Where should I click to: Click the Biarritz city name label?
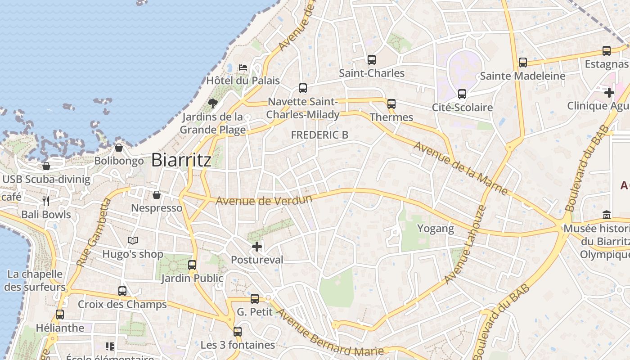[181, 160]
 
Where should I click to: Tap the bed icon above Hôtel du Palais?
[243, 67]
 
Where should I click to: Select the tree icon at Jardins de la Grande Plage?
[212, 104]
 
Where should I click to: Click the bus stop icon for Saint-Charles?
[371, 59]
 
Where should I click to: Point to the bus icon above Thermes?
[391, 104]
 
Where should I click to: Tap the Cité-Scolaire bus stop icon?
[462, 94]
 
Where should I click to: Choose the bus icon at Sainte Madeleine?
[522, 63]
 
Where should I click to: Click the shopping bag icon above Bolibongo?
[119, 148]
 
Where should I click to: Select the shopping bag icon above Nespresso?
[157, 195]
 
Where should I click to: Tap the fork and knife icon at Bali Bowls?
[46, 201]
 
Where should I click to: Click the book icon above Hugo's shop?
[132, 241]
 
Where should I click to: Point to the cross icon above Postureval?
[257, 247]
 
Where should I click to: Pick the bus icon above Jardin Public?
[192, 265]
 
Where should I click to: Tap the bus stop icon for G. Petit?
[255, 298]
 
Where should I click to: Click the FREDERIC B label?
[319, 135]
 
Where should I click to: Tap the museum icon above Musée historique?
[606, 215]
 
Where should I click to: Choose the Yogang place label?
[436, 229]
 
